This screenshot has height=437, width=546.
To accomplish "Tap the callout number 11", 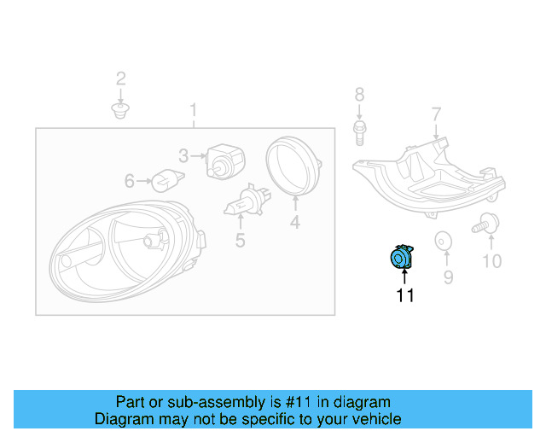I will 404,295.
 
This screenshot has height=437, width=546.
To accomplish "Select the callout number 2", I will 121,79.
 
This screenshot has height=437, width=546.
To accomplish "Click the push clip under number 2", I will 121,111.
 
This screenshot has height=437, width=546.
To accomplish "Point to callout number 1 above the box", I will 194,110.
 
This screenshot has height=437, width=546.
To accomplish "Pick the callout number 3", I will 183,155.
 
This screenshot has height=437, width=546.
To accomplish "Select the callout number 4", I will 294,224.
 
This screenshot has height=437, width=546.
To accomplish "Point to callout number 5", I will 241,242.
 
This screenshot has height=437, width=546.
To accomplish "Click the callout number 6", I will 130,181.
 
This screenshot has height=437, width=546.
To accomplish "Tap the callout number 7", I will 436,114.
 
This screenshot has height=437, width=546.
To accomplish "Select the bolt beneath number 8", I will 359,131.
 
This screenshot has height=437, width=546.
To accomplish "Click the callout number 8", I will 359,94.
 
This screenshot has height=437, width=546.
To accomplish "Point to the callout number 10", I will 492,261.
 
